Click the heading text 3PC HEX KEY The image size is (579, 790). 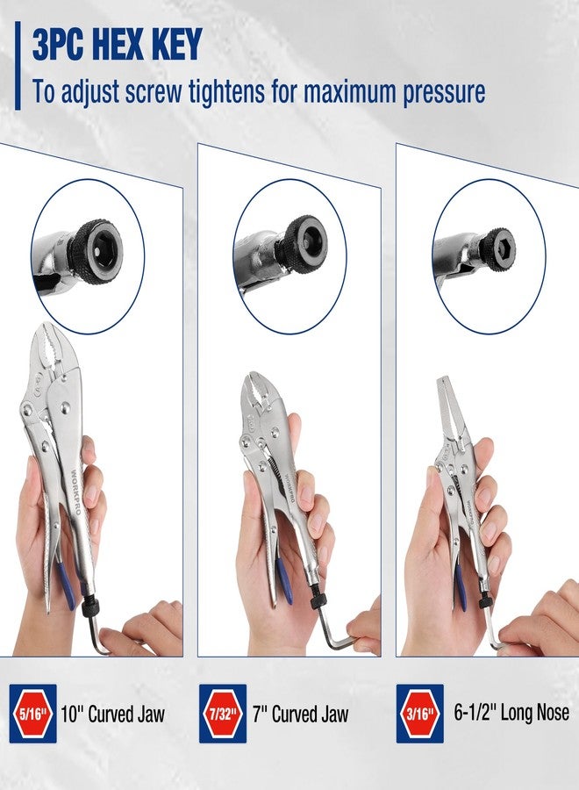click(x=117, y=44)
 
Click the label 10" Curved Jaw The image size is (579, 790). click(x=113, y=713)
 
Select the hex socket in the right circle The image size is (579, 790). click(x=499, y=242)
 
